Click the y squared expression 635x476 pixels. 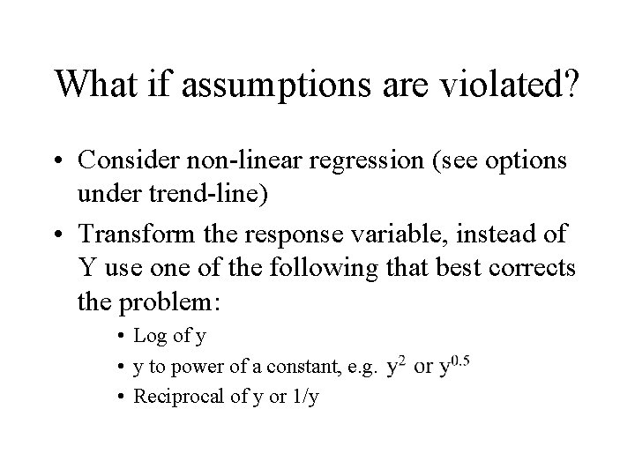coord(394,365)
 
